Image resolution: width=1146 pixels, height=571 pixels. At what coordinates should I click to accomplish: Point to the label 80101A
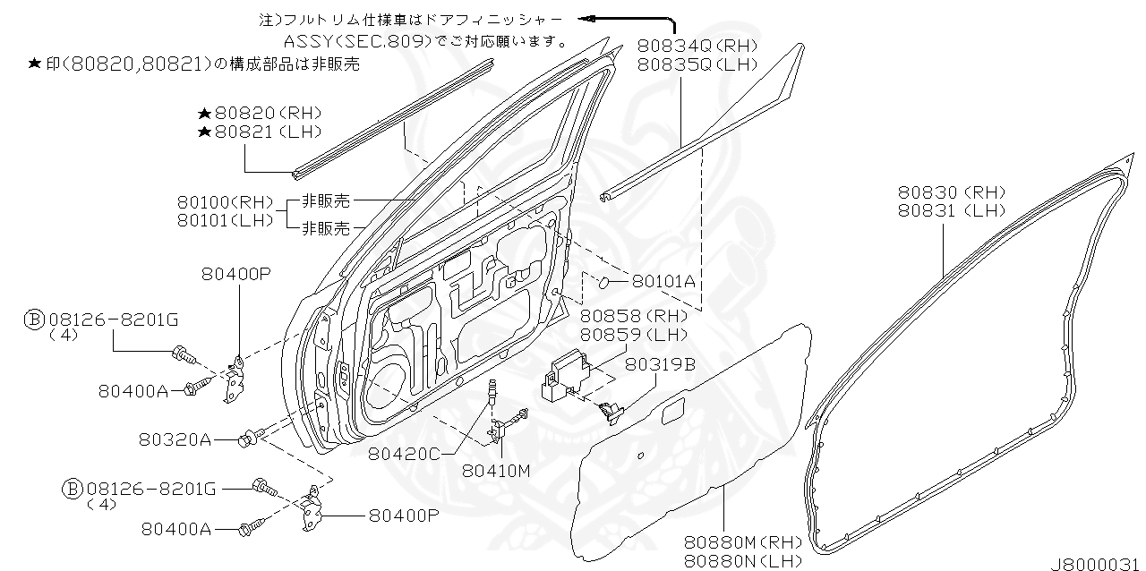point(663,281)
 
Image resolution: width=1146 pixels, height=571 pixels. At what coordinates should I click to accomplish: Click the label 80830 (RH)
point(952,192)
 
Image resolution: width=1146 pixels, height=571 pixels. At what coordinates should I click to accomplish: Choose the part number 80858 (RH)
point(633,316)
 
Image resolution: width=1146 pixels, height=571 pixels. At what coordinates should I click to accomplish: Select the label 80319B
point(661,364)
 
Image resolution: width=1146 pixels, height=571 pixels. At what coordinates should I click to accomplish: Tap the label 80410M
point(497,470)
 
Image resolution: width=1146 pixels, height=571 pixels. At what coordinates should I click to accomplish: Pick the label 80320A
point(175,439)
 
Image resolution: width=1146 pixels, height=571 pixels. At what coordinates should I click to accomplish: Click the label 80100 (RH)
point(225,203)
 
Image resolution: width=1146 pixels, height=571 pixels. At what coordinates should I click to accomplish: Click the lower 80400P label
point(403,516)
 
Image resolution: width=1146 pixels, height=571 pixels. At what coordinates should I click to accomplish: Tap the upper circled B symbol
point(33,319)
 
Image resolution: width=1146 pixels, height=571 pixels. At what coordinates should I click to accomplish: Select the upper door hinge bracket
point(238,377)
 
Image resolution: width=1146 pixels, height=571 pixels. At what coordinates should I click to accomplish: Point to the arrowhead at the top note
point(585,17)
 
